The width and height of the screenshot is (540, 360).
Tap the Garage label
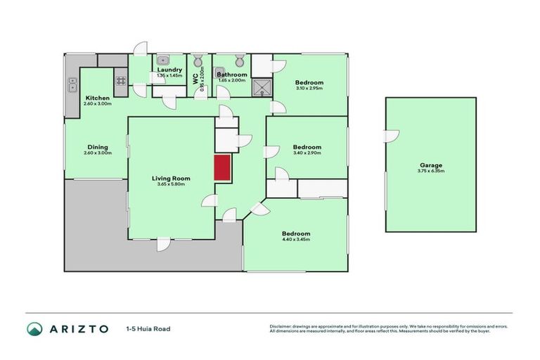coord(430,165)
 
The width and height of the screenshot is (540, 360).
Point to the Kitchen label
coord(97,97)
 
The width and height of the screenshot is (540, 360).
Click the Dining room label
coord(98,147)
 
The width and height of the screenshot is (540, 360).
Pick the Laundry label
coord(169,70)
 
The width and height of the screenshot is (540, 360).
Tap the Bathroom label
coord(231,75)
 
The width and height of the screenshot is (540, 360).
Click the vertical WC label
coord(196,79)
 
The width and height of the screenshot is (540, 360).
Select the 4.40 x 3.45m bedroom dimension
coord(296,240)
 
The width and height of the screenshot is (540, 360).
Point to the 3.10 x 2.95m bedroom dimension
coord(309,88)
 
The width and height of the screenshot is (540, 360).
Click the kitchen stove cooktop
coord(120,80)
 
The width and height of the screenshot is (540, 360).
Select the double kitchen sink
coord(72,86)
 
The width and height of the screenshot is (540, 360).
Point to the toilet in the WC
coord(198,59)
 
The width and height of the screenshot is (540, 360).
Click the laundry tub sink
coord(161,59)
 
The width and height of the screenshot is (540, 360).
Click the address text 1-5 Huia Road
coord(148,328)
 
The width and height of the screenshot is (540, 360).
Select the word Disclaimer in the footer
coord(281,326)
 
